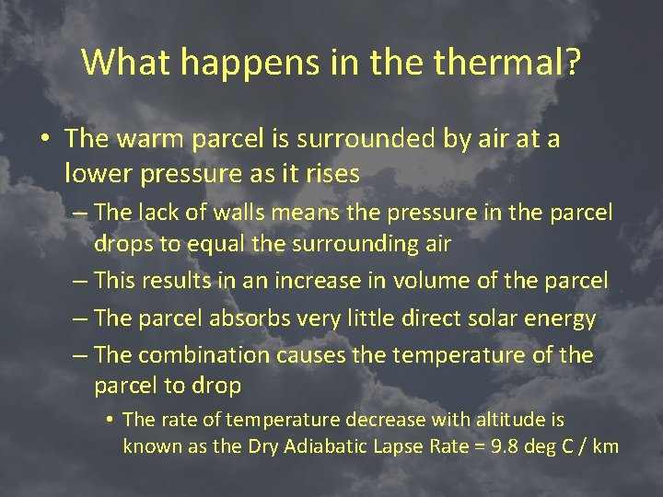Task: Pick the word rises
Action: [329, 172]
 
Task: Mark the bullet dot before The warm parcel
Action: [44, 140]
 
